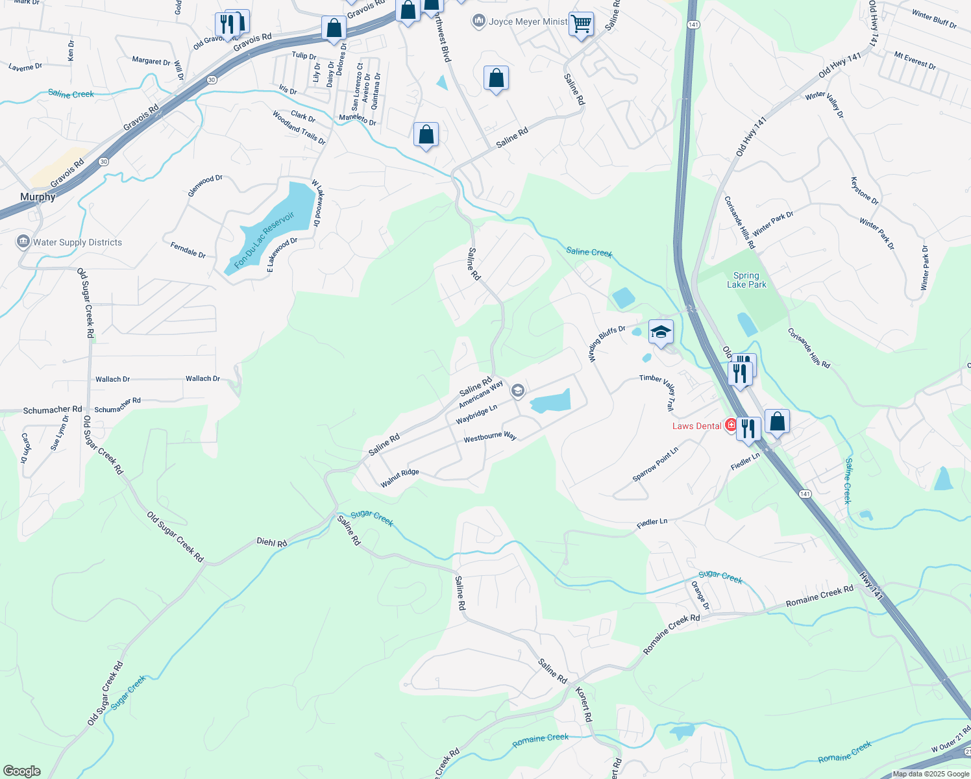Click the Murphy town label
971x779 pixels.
coord(38,197)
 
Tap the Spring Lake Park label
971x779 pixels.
coord(746,280)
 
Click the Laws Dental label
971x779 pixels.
coord(696,426)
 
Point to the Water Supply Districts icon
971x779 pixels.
coord(23,242)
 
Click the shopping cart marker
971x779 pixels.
coord(581,24)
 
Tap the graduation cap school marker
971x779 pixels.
coord(661,332)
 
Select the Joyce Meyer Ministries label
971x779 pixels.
coord(528,21)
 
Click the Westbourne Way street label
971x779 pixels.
coord(490,437)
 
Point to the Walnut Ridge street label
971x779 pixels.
coord(400,478)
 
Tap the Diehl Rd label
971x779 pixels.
coord(271,542)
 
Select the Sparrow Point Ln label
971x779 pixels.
coord(656,464)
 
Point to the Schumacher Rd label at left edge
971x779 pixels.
coord(53,410)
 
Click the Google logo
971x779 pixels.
coord(22,771)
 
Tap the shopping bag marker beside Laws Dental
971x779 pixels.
coord(777,422)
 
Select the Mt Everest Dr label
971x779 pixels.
coord(915,60)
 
